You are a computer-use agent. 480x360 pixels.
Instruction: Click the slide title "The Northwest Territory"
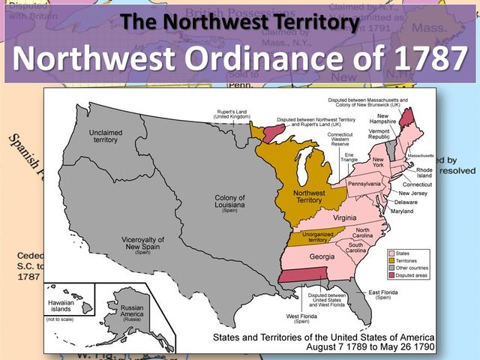pyautogui.click(x=239, y=22)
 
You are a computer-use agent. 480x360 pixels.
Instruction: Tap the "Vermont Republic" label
pyautogui.click(x=379, y=133)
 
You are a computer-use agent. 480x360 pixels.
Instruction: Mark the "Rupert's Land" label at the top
pyautogui.click(x=234, y=116)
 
